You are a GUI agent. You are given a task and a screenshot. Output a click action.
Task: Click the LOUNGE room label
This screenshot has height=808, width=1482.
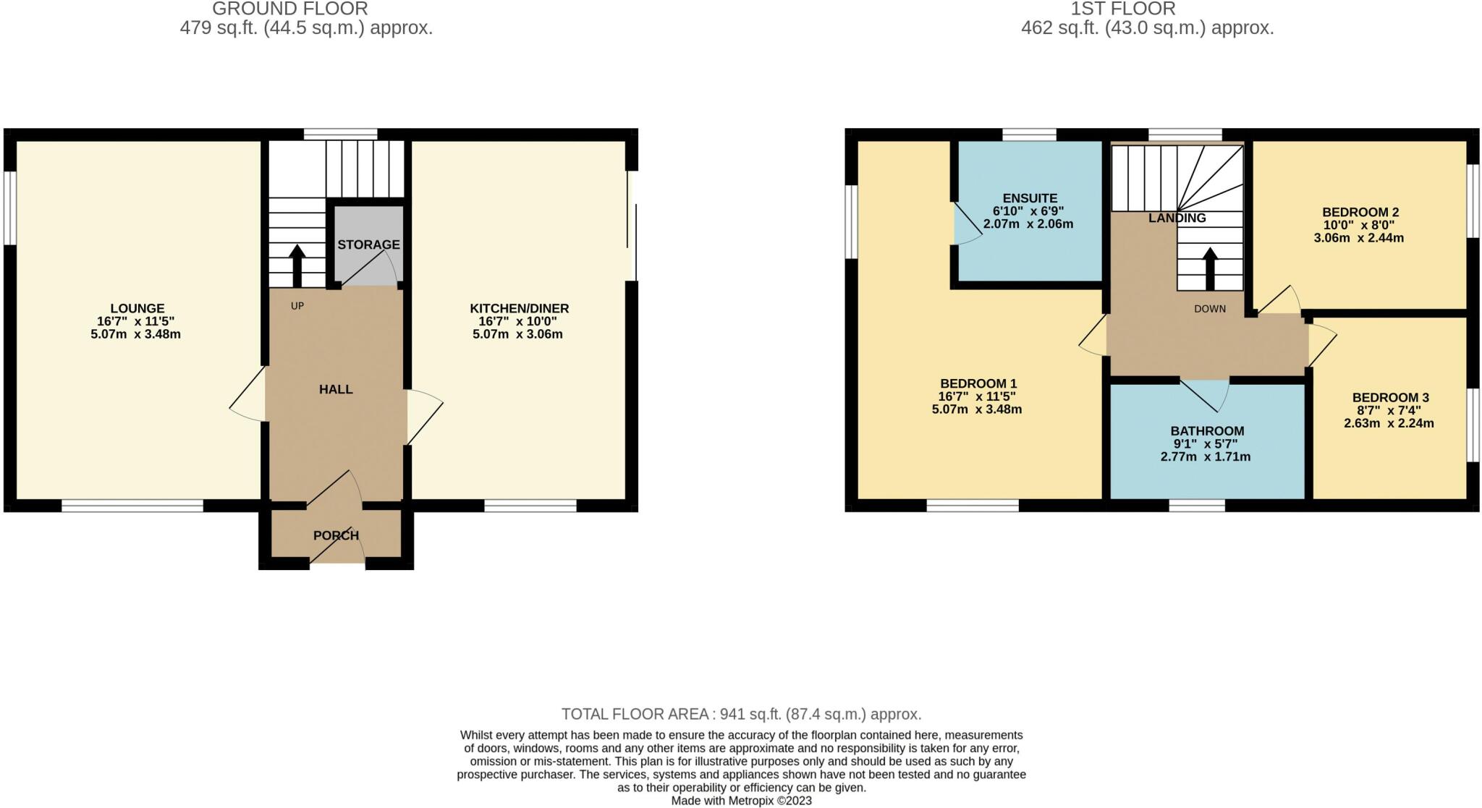click(x=137, y=308)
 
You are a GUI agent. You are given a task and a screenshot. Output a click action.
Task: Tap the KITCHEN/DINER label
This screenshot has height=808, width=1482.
click(x=519, y=308)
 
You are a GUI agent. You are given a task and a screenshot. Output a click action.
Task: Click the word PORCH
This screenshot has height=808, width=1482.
click(x=336, y=535)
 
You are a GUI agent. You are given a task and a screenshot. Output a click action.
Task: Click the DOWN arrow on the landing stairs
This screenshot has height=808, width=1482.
click(x=1209, y=268)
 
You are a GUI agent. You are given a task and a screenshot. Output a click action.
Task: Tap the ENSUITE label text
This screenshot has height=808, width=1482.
click(x=1030, y=198)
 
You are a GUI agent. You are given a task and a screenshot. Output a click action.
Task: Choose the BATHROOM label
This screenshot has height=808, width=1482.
click(x=1207, y=431)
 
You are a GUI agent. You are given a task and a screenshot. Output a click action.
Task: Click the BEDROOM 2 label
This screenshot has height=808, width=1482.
click(x=1360, y=212)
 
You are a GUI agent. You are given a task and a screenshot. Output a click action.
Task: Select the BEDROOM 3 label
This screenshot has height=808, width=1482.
click(x=1390, y=397)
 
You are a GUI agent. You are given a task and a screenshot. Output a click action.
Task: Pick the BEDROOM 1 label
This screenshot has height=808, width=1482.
click(x=978, y=383)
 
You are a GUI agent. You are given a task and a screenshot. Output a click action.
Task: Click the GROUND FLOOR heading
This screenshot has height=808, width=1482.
click(x=290, y=9)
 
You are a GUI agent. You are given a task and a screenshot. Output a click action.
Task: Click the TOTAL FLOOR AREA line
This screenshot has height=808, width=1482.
click(x=741, y=715)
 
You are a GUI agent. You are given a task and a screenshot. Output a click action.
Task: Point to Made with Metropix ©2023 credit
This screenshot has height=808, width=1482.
click(x=741, y=801)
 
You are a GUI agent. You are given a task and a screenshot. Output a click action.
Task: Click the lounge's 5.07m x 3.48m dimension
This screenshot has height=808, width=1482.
click(x=135, y=334)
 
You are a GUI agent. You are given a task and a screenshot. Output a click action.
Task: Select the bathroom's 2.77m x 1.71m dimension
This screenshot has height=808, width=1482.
click(x=1205, y=457)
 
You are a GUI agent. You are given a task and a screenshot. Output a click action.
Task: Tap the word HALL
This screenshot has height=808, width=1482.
click(x=336, y=389)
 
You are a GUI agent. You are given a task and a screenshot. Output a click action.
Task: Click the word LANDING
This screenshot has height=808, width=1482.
click(x=1177, y=218)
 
